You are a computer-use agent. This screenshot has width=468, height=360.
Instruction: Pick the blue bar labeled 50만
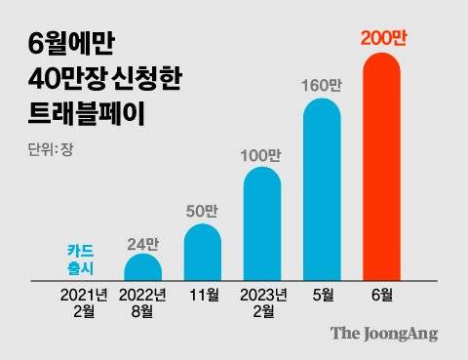click(203, 252)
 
